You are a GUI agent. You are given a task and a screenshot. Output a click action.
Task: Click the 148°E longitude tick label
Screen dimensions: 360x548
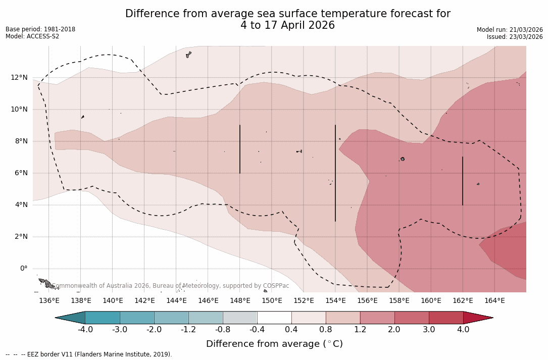click(x=240, y=301)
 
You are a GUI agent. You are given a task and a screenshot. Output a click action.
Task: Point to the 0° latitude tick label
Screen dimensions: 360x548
click(x=23, y=269)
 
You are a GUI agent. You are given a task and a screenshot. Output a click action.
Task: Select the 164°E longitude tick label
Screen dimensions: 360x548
click(x=494, y=301)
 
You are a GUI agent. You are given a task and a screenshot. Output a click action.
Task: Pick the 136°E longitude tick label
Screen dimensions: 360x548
click(x=49, y=301)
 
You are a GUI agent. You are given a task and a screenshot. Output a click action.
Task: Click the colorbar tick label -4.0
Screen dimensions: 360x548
click(x=85, y=330)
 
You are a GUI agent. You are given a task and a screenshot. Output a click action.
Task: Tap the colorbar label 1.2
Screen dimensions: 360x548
click(x=360, y=330)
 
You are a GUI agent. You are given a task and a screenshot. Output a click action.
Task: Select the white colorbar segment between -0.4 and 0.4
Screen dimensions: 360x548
click(x=274, y=318)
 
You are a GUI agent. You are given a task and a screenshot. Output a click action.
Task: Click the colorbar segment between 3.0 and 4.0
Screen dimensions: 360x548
click(x=446, y=318)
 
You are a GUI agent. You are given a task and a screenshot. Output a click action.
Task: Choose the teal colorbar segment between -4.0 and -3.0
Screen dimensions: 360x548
click(x=102, y=318)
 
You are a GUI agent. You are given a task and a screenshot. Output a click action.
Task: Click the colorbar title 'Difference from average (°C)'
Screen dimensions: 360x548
click(x=274, y=344)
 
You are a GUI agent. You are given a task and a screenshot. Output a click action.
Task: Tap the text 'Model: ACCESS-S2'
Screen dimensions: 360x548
click(x=32, y=36)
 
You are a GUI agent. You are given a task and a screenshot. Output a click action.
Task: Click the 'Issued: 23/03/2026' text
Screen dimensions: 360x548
click(x=515, y=37)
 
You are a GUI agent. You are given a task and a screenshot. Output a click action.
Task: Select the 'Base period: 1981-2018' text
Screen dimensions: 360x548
click(x=40, y=29)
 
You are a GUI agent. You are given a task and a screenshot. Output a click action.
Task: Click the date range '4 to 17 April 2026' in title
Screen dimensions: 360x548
click(x=287, y=25)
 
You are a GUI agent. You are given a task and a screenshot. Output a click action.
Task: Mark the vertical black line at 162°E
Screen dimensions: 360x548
click(x=463, y=181)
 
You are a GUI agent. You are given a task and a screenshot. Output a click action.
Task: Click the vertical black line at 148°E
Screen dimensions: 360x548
click(x=240, y=149)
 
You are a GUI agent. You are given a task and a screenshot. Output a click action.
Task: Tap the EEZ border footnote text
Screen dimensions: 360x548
click(x=89, y=354)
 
